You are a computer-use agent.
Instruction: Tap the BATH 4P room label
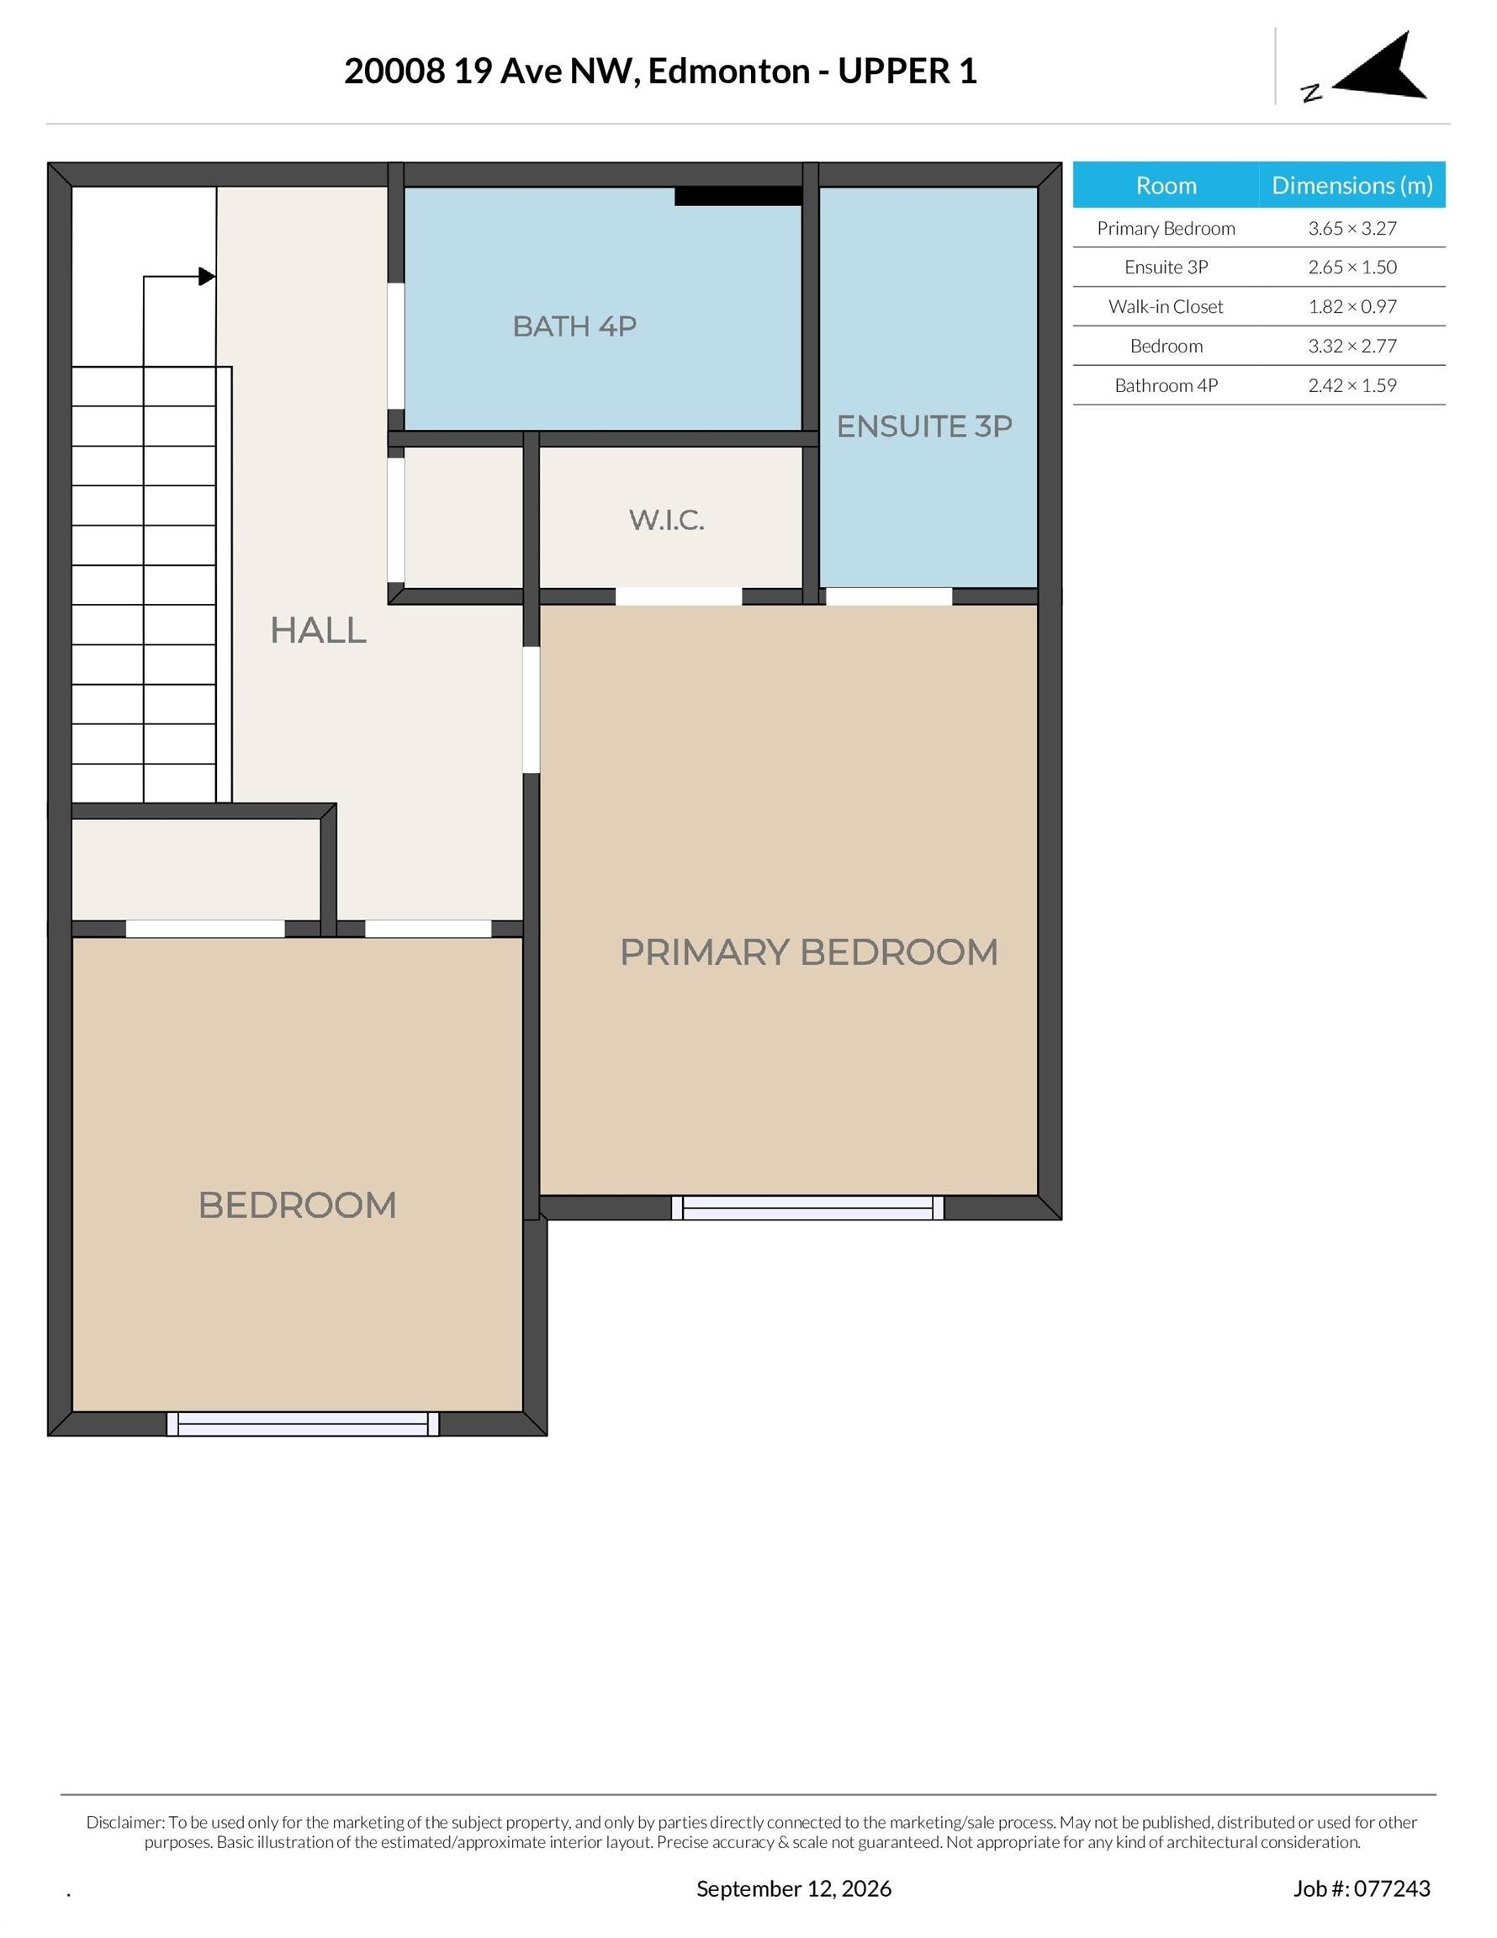(574, 326)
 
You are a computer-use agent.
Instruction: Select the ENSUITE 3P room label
(923, 426)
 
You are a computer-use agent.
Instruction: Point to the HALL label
(318, 630)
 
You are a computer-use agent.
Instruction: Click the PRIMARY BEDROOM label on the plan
(808, 952)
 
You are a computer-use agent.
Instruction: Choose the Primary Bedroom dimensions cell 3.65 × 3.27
(1352, 228)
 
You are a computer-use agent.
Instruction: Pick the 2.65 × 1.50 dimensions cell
(1352, 267)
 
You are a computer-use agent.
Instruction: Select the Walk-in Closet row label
(1165, 306)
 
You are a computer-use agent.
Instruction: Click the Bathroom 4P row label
(1166, 385)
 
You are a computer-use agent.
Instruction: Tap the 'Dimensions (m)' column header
(1352, 184)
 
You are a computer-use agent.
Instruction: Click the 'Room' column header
(1166, 184)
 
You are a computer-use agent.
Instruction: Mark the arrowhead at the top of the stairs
(207, 277)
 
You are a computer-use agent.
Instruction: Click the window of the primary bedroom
(807, 1207)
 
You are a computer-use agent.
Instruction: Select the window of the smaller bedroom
(303, 1423)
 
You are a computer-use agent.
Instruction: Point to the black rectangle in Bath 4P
(738, 196)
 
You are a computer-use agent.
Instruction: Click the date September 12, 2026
(793, 1888)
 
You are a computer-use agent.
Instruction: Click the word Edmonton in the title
(728, 71)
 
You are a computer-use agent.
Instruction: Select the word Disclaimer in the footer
(125, 1822)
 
